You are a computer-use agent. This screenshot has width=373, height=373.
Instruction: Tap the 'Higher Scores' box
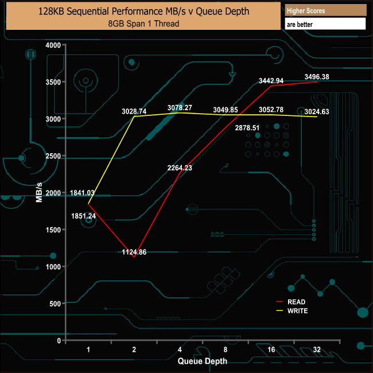click(x=325, y=10)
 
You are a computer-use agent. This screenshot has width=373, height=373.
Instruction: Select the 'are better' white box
click(x=325, y=24)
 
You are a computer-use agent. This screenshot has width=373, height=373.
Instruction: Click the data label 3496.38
click(x=317, y=76)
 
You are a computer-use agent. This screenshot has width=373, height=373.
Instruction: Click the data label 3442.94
click(x=271, y=80)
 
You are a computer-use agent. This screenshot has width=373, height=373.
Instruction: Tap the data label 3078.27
click(x=180, y=107)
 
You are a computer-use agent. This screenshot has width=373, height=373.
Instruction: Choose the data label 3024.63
click(x=317, y=112)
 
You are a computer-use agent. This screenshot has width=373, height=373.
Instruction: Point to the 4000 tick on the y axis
click(x=53, y=45)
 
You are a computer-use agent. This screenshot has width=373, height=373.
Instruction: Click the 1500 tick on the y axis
click(x=53, y=230)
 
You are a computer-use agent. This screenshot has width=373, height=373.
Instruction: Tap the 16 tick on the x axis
click(x=271, y=349)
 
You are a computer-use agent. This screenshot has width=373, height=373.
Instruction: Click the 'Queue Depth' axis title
click(x=202, y=361)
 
